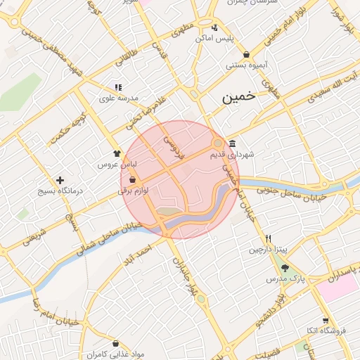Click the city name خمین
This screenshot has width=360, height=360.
240,98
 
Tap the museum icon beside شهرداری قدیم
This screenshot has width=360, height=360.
232,143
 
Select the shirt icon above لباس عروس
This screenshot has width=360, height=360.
117,152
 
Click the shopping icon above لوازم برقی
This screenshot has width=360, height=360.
132,180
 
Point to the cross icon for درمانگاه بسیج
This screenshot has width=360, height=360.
60,181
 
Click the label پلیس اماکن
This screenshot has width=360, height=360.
214,39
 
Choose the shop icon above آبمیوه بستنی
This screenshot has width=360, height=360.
245,55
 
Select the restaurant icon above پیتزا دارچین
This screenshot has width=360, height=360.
268,238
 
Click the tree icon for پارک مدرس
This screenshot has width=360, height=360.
284,268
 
